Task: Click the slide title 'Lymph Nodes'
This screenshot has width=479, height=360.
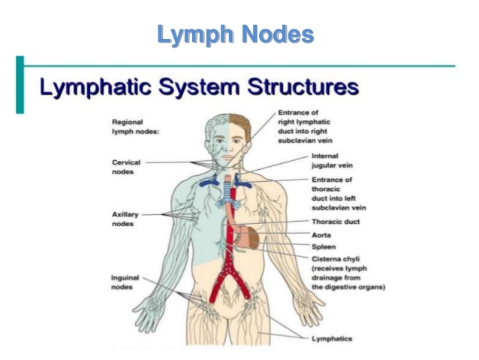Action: pyautogui.click(x=235, y=35)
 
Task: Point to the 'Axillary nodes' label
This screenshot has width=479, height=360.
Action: pyautogui.click(x=124, y=219)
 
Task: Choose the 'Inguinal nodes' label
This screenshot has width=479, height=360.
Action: pyautogui.click(x=124, y=281)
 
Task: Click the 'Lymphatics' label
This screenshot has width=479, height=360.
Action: pyautogui.click(x=331, y=339)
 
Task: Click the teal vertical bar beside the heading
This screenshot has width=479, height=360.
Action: pyautogui.click(x=20, y=84)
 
